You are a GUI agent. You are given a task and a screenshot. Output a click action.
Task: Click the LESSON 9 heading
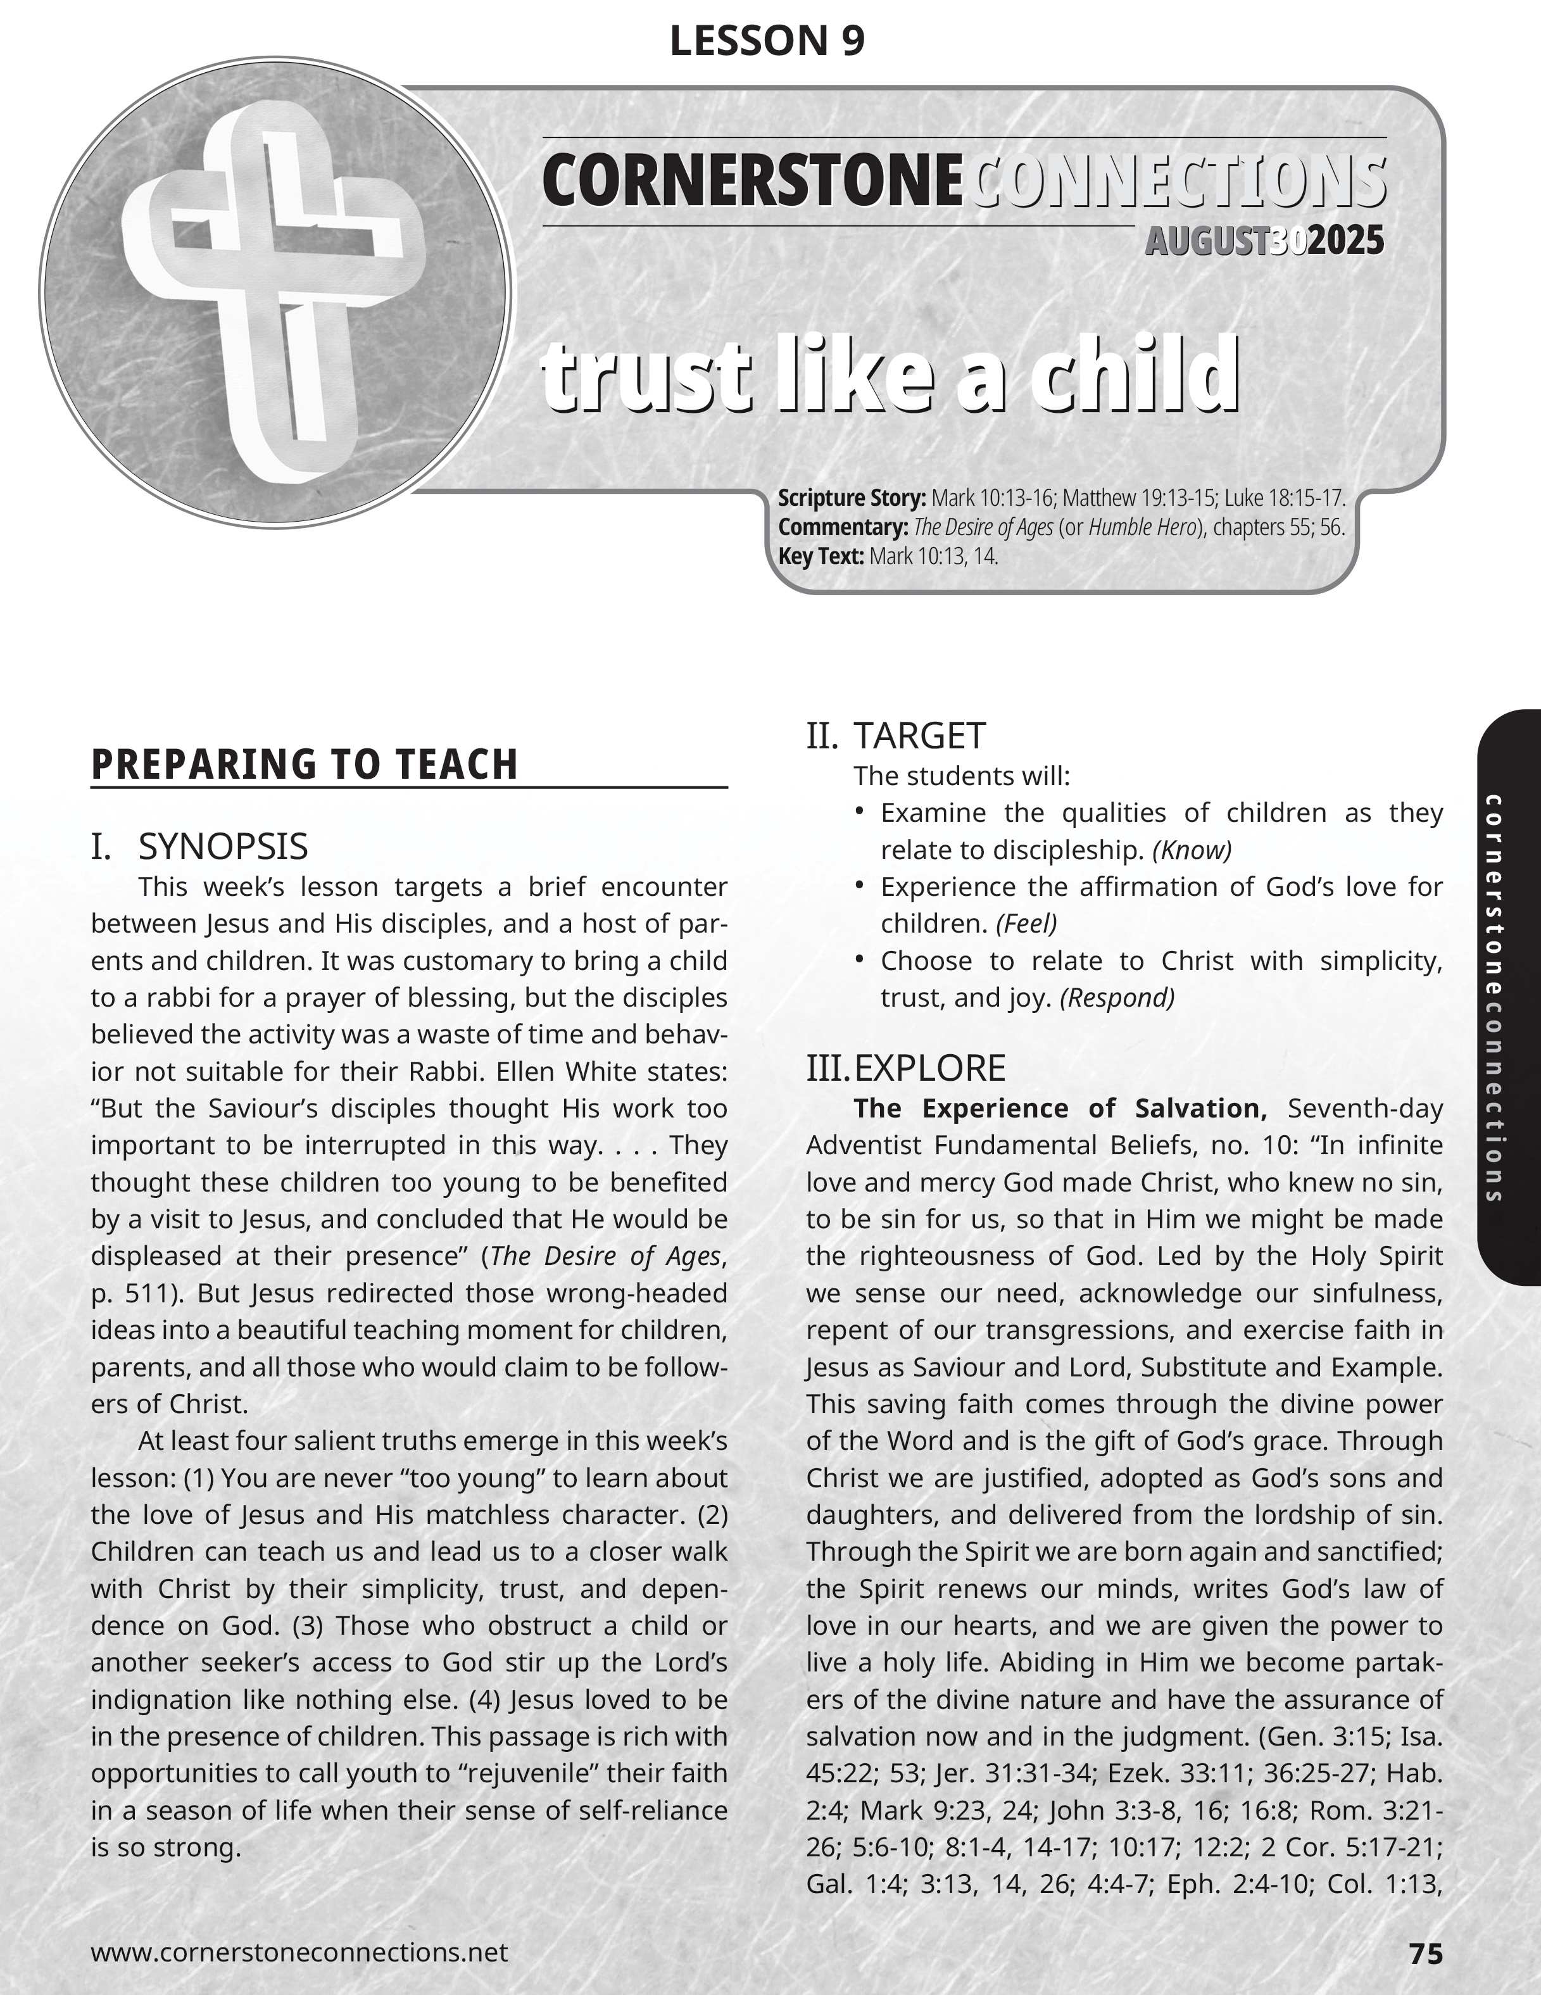(767, 41)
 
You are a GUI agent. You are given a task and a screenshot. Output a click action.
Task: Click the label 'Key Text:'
(821, 557)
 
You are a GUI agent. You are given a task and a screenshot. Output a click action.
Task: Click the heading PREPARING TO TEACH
(304, 765)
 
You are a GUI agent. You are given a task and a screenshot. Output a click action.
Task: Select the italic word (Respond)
(1116, 998)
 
